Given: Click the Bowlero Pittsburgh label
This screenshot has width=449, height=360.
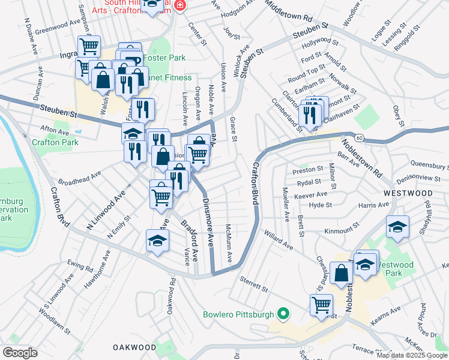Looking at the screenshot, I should click(x=238, y=314).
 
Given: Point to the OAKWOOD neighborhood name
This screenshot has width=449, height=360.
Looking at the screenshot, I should click(x=134, y=347).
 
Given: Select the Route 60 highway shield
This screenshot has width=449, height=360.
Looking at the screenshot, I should click(x=358, y=137).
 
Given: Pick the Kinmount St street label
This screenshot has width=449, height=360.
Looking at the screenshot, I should click(x=341, y=230).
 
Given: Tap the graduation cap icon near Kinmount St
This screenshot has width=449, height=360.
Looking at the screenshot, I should click(x=397, y=227).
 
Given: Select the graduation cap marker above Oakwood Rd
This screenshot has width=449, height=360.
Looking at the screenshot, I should click(x=157, y=241).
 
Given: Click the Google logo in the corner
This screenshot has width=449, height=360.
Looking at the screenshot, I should click(x=20, y=353).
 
